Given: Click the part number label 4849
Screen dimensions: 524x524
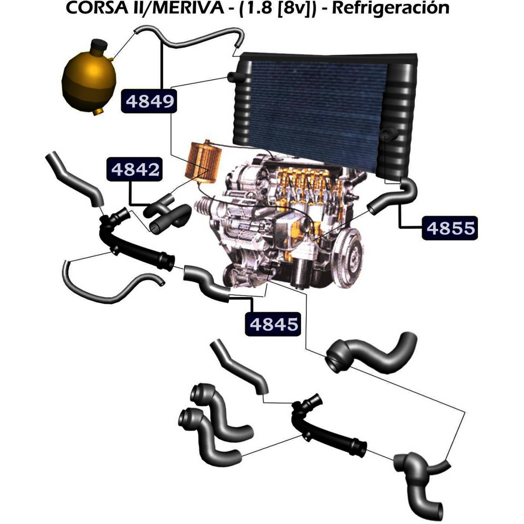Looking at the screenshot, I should (149, 101).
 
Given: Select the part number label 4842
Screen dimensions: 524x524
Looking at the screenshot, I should (135, 169).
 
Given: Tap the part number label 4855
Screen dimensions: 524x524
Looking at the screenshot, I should (450, 228).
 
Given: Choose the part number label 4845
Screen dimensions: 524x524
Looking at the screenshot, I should (273, 324).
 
